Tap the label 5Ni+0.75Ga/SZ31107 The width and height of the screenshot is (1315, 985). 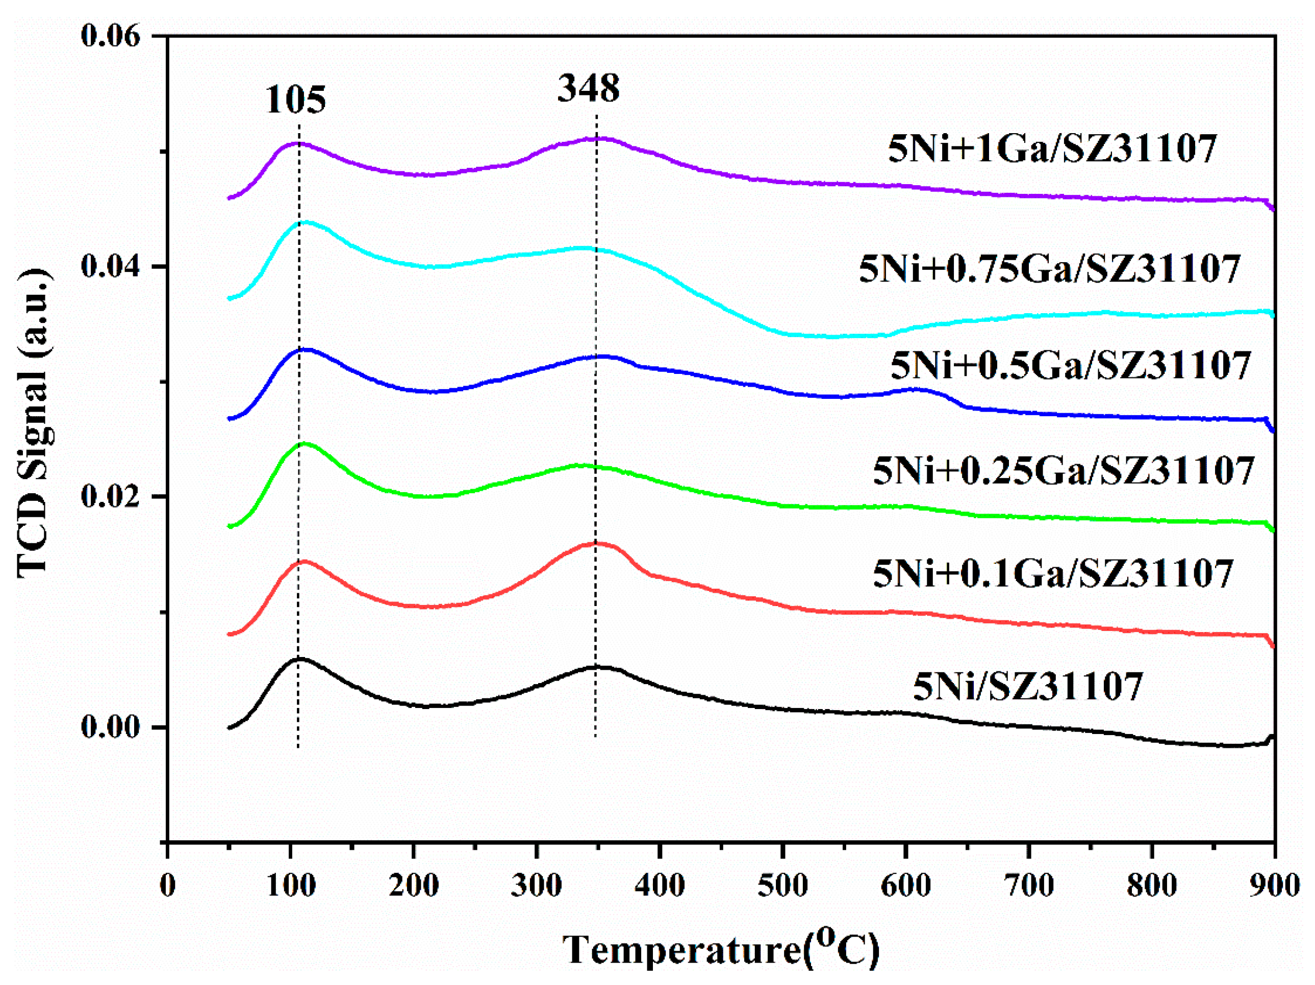coord(1050,269)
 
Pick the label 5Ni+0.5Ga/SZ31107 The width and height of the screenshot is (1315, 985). coord(1071,365)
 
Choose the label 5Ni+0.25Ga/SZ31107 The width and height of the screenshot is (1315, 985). coord(1064,471)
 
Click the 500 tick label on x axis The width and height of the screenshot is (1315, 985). coord(782,886)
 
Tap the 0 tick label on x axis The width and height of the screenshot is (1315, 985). coord(168,886)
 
